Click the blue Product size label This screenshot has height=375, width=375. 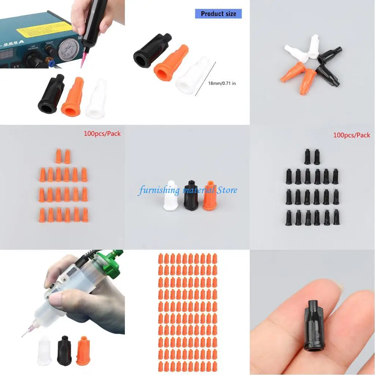[x=218, y=14]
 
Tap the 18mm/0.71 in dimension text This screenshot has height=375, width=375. [x=222, y=83]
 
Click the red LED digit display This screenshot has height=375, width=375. [x=8, y=53]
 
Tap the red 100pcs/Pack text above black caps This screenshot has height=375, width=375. [x=352, y=135]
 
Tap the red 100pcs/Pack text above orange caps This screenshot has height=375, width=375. [x=102, y=134]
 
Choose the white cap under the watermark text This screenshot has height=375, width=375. [x=170, y=196]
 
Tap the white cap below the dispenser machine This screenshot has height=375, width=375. [x=96, y=99]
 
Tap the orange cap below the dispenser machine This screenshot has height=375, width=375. [x=73, y=96]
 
